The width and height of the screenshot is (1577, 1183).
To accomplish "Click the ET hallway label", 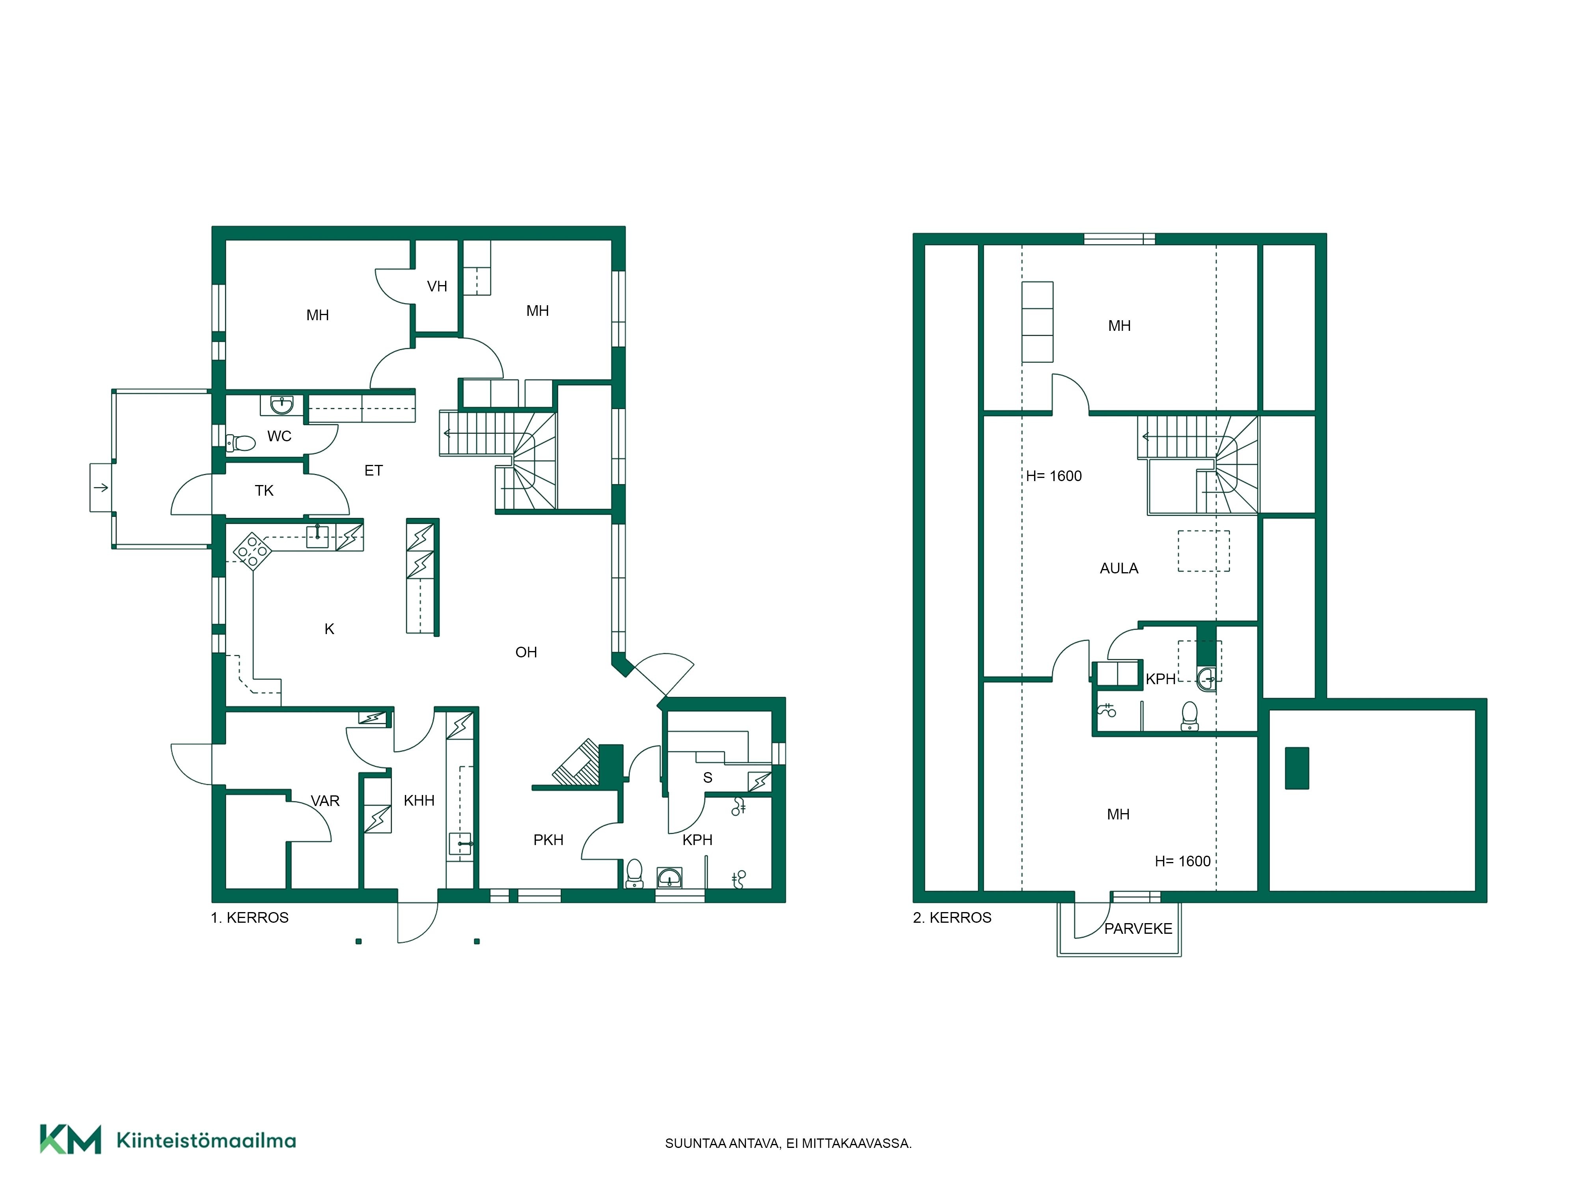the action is click(374, 470).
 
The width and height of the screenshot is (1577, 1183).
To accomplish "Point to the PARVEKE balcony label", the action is click(1139, 928).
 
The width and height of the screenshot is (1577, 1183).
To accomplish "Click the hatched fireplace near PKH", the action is click(577, 762).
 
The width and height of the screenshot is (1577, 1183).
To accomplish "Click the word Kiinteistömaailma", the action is click(206, 1140).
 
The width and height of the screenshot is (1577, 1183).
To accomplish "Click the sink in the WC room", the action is click(281, 405).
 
